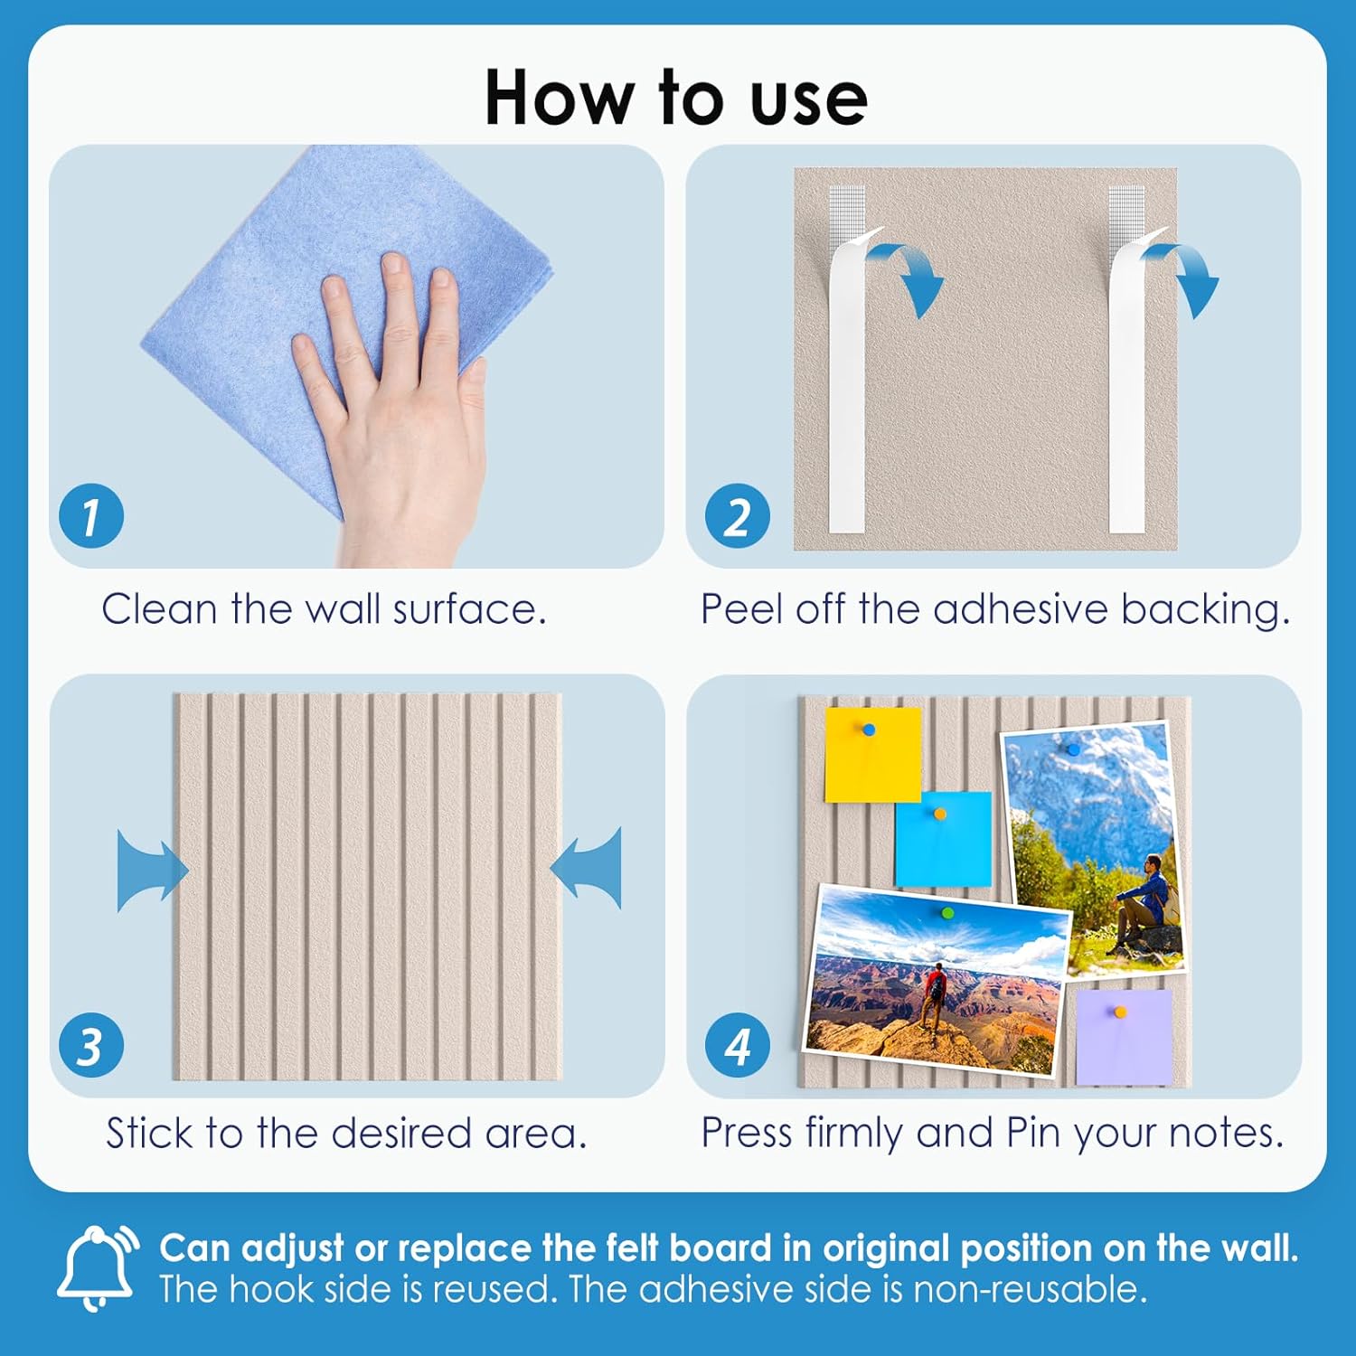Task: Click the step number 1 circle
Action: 91,516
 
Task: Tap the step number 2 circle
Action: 738,516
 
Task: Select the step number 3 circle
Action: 91,1045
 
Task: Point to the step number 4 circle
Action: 738,1045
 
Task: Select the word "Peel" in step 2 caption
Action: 740,608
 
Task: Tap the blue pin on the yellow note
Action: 869,730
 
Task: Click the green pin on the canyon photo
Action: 947,913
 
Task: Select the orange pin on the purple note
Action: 1120,1012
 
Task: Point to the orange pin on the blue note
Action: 940,814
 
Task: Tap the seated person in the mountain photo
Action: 1144,904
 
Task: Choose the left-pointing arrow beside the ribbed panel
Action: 586,868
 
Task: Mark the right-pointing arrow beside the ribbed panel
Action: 153,871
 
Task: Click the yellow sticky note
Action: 872,755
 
